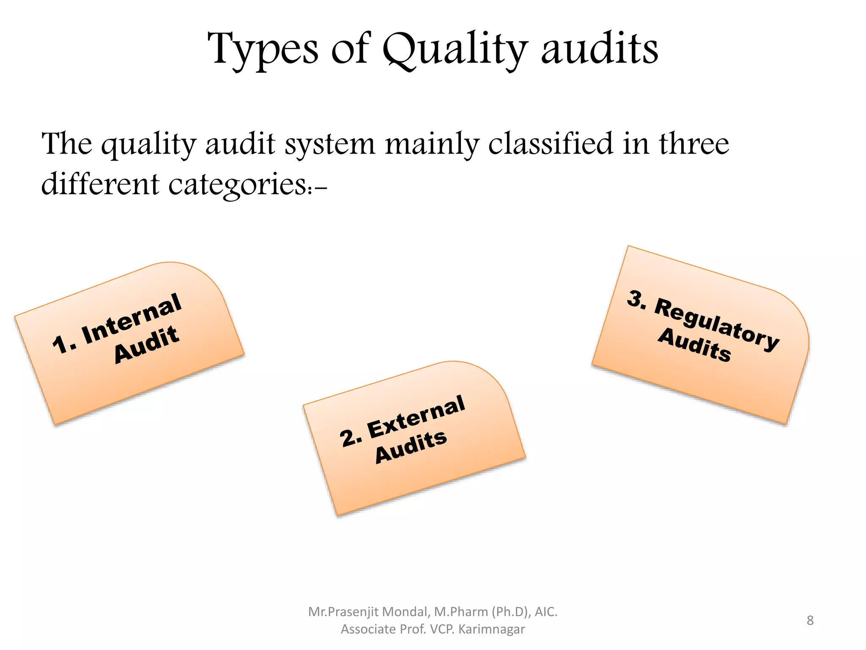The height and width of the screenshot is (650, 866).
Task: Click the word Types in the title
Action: tap(263, 50)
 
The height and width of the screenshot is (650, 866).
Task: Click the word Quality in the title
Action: tap(455, 50)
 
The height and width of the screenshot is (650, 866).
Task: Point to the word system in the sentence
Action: tap(330, 144)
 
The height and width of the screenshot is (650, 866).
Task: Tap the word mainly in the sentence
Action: tap(431, 144)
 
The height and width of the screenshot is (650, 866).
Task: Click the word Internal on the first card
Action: tap(132, 319)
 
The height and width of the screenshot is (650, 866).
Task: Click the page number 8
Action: tap(810, 620)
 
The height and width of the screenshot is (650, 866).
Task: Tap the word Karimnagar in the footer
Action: tap(491, 629)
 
